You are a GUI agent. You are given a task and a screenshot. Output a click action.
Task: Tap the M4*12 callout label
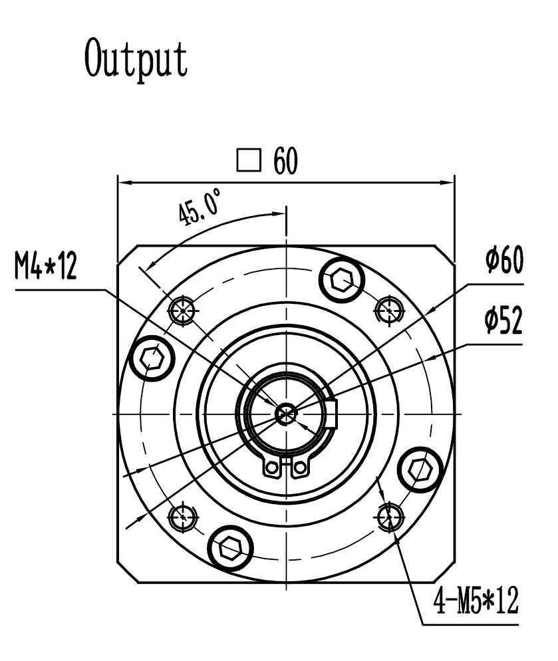coord(45,269)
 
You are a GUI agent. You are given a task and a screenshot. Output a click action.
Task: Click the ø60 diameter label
coord(503,260)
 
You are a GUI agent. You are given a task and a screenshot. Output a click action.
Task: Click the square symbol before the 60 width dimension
coord(248,161)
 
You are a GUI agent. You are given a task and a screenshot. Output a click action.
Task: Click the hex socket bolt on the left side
coord(152,359)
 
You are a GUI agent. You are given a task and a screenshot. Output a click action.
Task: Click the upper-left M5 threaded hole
coord(182,309)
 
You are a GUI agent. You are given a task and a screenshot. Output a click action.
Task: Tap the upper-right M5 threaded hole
coord(388,309)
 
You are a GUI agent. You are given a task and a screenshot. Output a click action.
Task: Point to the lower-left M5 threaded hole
coord(182,515)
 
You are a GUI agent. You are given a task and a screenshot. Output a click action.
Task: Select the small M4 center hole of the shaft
coord(285,413)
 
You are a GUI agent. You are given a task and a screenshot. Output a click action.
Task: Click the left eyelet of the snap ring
coord(271,468)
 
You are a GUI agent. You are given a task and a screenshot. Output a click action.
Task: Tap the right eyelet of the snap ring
coord(299,468)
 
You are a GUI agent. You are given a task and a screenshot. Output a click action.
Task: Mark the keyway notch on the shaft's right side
coord(333,412)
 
